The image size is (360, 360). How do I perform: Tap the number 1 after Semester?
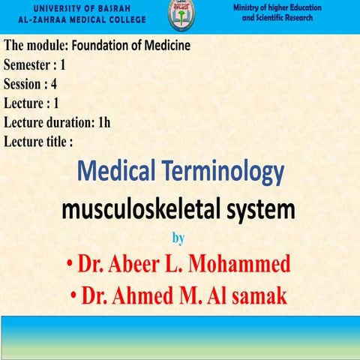63,64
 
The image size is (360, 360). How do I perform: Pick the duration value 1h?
103,121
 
